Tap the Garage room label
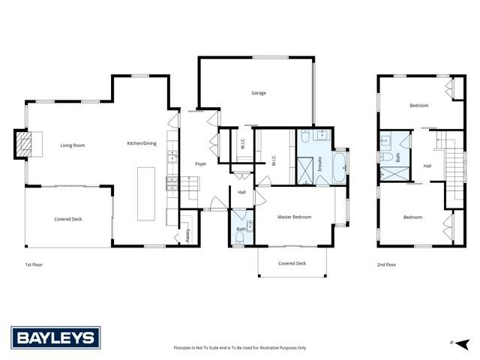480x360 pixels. tap(259, 93)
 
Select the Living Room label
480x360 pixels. tap(73, 145)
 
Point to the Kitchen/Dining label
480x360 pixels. tap(141, 142)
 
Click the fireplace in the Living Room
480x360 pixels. tap(25, 145)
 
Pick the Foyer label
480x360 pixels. tap(201, 163)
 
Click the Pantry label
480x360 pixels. tap(187, 235)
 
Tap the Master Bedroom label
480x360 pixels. tap(295, 217)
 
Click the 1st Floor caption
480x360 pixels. tap(34, 265)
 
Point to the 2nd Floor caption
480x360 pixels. tap(385, 265)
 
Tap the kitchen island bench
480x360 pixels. tap(145, 194)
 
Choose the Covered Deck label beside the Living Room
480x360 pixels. tap(67, 219)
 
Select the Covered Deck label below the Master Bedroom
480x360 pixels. tap(292, 263)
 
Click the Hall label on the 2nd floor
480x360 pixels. tap(427, 166)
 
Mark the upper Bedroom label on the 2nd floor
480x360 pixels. tap(418, 106)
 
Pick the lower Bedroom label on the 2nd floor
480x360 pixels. tap(412, 217)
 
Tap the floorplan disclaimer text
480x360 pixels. tap(240, 348)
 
